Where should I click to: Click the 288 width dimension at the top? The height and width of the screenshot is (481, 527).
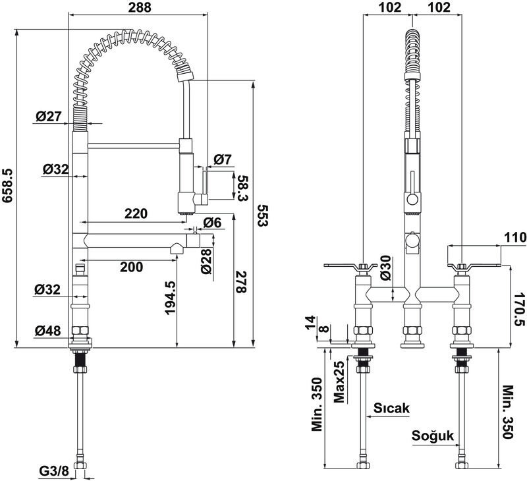click(x=140, y=7)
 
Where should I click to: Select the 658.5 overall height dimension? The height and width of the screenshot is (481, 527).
click(x=7, y=186)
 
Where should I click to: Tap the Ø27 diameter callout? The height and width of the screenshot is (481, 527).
click(x=49, y=117)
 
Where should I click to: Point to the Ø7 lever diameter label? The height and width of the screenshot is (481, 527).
click(x=223, y=159)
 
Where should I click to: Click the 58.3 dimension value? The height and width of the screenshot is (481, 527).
click(x=242, y=188)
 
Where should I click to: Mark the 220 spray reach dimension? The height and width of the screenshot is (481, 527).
click(x=136, y=213)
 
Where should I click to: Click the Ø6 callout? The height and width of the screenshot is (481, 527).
click(x=212, y=222)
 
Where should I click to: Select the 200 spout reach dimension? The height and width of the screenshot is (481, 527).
click(x=131, y=267)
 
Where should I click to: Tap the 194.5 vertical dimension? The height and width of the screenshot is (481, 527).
click(x=171, y=298)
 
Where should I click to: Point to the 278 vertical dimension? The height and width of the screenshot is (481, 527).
click(x=240, y=281)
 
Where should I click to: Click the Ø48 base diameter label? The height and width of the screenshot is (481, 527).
click(x=47, y=331)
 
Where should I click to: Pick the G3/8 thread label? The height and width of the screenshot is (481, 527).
click(x=54, y=471)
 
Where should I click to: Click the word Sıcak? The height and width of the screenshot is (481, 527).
click(x=391, y=408)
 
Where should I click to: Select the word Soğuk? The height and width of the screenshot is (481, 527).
click(x=433, y=436)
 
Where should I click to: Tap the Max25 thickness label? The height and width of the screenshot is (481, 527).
click(x=339, y=382)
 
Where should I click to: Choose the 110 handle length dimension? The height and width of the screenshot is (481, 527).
click(x=515, y=237)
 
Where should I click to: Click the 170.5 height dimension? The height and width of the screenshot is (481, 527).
click(x=519, y=309)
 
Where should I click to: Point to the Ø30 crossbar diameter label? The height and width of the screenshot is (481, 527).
click(x=386, y=268)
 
